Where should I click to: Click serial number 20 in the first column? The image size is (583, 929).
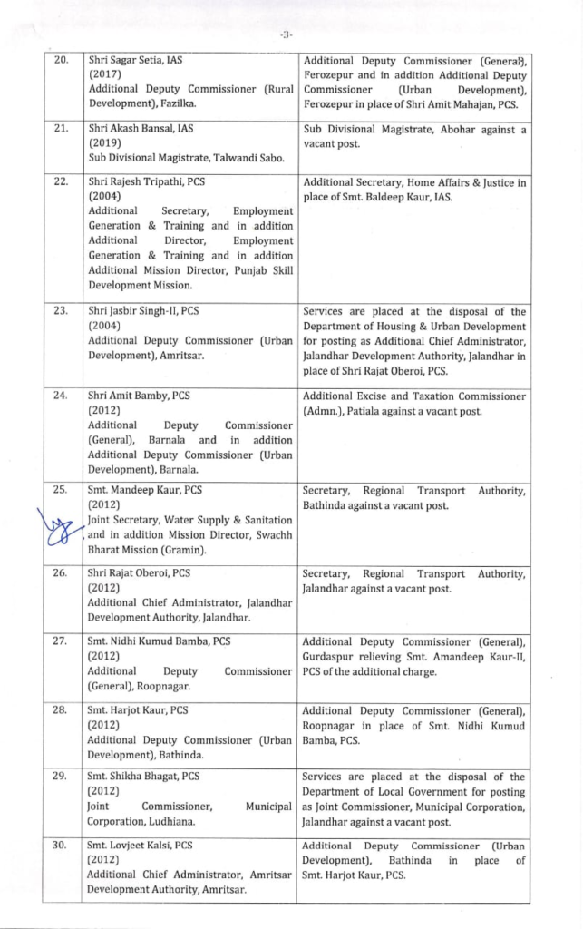tap(62, 60)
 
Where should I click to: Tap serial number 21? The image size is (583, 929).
tap(62, 128)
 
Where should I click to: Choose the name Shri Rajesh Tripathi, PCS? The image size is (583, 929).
tap(146, 181)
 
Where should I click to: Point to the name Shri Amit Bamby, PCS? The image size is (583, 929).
tap(139, 396)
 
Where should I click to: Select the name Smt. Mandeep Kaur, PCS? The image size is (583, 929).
tap(144, 490)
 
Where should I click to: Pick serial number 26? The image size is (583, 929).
tap(62, 573)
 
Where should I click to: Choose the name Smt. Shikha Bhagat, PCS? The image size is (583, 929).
tap(143, 777)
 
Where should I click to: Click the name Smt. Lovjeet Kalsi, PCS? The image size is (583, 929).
tap(140, 845)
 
